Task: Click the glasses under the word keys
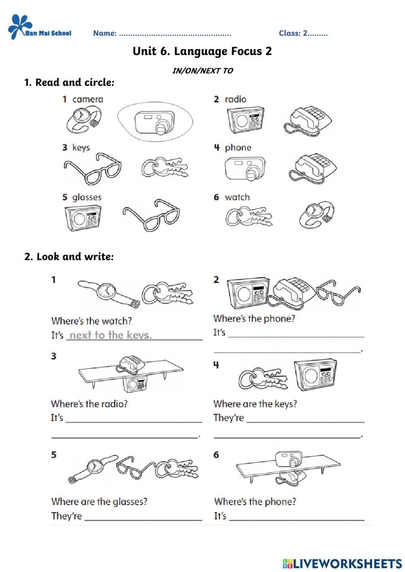click(92, 168)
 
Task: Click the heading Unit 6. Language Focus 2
click(202, 51)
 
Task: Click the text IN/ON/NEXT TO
click(202, 71)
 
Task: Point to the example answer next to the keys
click(111, 335)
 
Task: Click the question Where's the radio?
click(89, 404)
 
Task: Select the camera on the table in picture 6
click(288, 459)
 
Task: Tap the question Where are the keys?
click(255, 404)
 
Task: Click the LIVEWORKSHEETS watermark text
click(347, 563)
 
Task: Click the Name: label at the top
click(105, 33)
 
